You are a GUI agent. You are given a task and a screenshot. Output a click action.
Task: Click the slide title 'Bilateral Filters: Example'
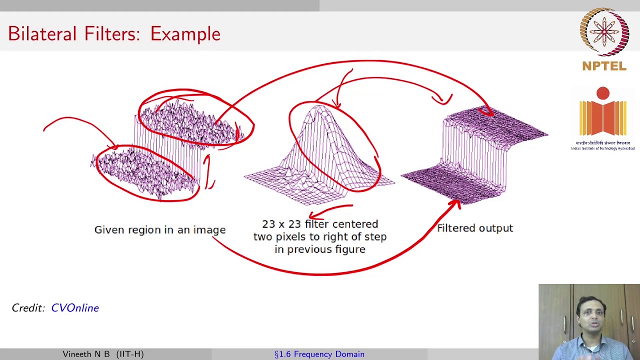[x=114, y=34]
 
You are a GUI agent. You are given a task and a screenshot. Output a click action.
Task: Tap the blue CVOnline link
[x=75, y=308]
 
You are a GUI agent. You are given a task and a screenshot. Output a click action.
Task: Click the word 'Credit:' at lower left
[x=28, y=308]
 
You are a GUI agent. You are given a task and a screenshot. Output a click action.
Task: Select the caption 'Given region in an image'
[x=160, y=229]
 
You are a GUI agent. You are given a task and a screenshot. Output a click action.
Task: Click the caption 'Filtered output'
[x=475, y=228]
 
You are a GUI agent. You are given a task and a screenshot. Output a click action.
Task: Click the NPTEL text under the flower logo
[x=604, y=66]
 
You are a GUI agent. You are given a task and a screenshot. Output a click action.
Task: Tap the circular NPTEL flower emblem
[x=604, y=32]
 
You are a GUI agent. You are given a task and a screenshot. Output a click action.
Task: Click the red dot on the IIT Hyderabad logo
[x=603, y=93]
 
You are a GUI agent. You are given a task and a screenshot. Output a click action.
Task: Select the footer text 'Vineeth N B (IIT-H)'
[x=103, y=354]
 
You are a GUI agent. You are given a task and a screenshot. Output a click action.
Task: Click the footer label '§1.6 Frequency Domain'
[x=319, y=354]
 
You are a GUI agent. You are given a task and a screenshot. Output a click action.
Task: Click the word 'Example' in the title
[x=185, y=34]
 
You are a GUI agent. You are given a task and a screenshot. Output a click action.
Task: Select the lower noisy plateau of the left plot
[x=145, y=172]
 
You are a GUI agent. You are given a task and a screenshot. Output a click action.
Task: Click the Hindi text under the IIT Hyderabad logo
[x=602, y=143]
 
